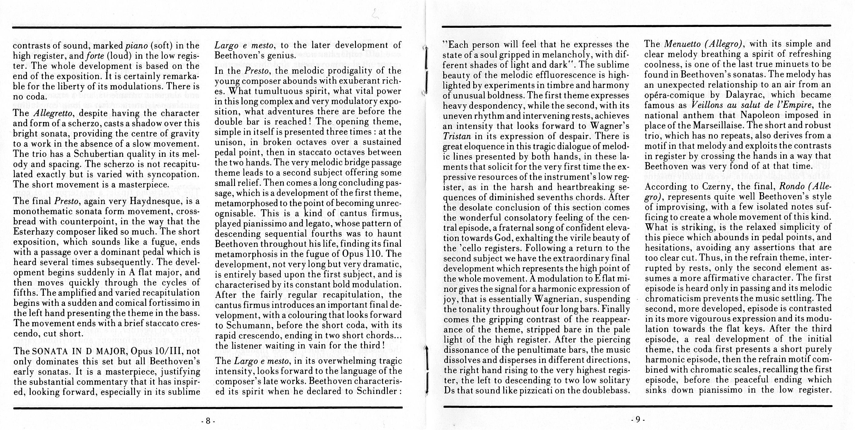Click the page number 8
coord(208,421)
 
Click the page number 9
coord(637,419)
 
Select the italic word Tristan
coord(455,136)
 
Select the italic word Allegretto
coord(54,113)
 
